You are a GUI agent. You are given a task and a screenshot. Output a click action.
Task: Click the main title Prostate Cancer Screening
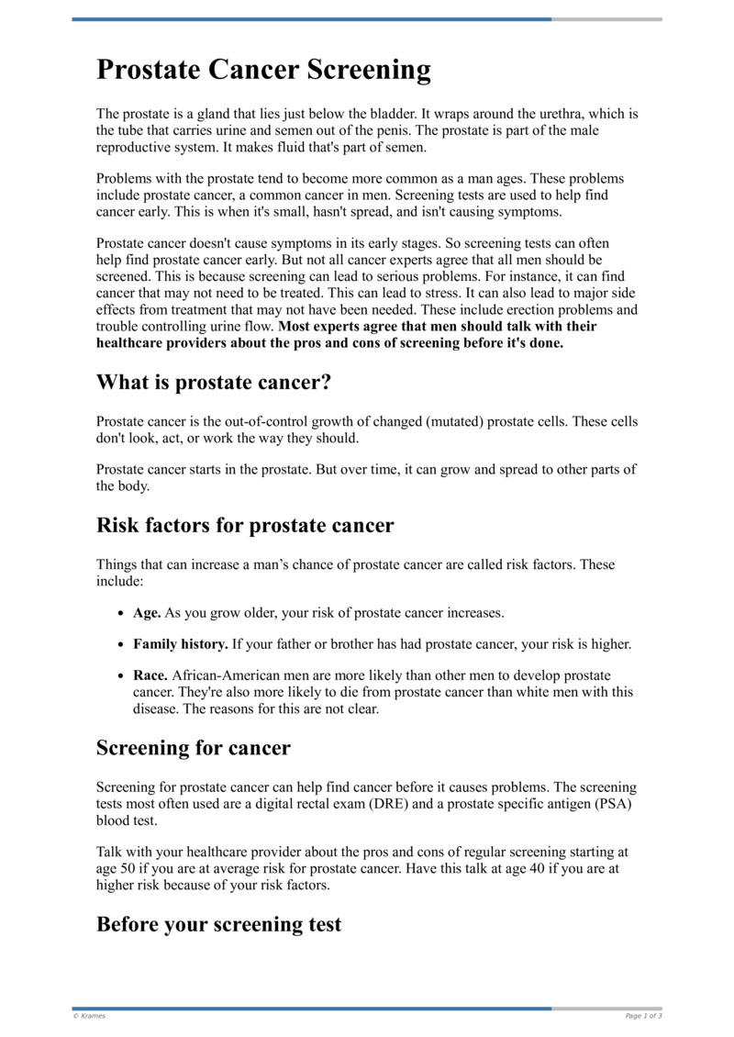tap(263, 71)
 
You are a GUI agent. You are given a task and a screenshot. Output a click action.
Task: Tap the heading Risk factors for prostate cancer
tap(245, 526)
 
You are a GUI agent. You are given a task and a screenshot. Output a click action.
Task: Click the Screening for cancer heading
tap(193, 748)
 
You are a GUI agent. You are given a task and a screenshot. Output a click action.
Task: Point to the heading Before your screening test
tap(218, 924)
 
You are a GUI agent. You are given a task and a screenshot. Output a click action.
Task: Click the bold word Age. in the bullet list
tap(147, 612)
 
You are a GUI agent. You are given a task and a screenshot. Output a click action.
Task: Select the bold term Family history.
tap(181, 644)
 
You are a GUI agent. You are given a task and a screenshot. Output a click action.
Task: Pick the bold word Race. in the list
tap(150, 676)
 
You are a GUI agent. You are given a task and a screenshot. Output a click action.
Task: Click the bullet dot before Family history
tap(123, 645)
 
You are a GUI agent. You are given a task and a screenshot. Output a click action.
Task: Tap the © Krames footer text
tap(89, 1016)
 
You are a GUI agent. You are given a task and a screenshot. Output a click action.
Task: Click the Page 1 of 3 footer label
tap(643, 1016)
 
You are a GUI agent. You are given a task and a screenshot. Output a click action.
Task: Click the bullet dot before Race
tap(123, 677)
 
